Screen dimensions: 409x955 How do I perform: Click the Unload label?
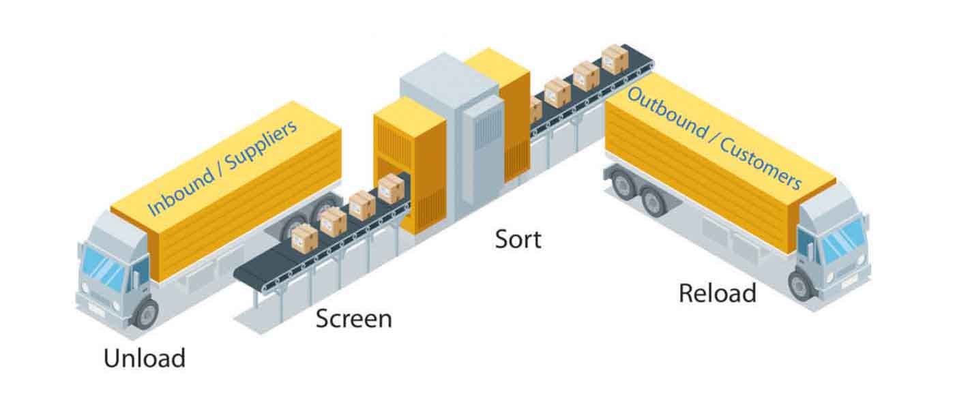coord(145,358)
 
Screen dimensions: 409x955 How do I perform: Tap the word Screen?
coord(353,318)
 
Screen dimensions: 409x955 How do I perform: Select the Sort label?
coord(518,239)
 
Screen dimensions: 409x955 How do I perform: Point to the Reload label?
coord(717,293)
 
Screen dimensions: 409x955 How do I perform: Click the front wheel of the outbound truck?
coord(801,284)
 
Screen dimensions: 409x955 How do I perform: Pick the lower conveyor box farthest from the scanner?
coord(304,237)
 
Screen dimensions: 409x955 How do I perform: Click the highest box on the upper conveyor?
coord(615,59)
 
